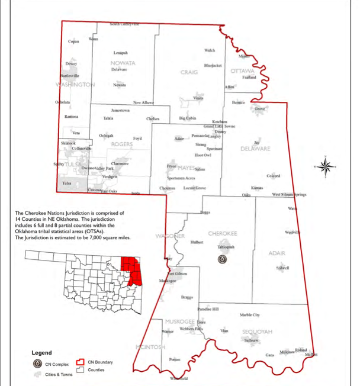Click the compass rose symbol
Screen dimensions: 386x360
coord(325,166)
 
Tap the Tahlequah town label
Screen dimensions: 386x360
coord(226,247)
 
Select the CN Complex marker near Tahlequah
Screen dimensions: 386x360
coord(223,259)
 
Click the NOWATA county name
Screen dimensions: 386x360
coord(123,63)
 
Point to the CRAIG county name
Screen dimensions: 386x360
coord(189,72)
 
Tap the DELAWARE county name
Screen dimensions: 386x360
coord(255,149)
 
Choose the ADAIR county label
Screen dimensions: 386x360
coord(277,253)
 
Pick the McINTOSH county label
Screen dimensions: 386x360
coord(150,346)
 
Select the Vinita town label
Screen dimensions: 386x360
coord(199,98)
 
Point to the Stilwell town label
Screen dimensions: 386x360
coord(282,268)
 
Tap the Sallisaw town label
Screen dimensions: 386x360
coord(252,341)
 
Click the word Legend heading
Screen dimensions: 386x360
coord(43,352)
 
